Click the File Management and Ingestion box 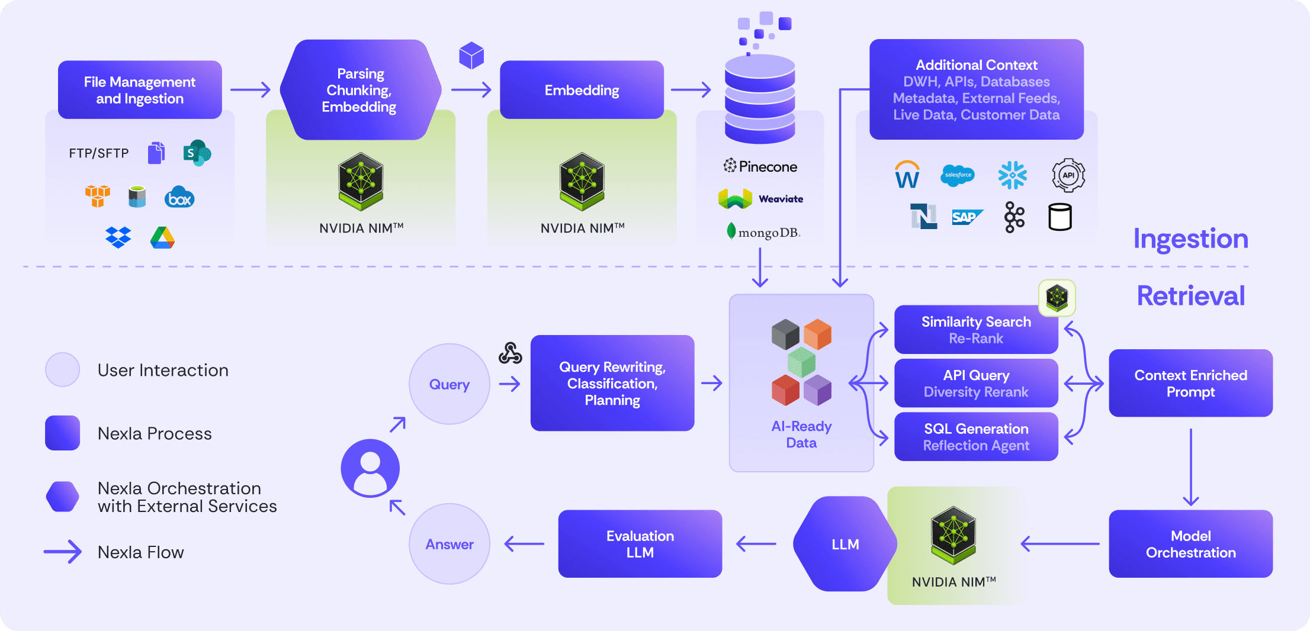[x=140, y=90]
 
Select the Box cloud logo [x=179, y=198]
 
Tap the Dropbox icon [x=118, y=237]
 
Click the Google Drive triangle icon [x=162, y=238]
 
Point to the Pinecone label [x=760, y=166]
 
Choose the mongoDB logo [x=763, y=232]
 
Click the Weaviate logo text [x=781, y=199]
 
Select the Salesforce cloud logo [x=958, y=175]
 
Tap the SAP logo [x=967, y=217]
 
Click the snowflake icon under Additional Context [x=1013, y=175]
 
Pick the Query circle [x=449, y=384]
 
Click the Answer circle [x=449, y=544]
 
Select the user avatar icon [x=370, y=468]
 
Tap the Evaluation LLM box [x=640, y=544]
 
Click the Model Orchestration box [x=1190, y=544]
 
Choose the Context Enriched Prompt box [x=1190, y=384]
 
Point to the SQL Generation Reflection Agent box [x=976, y=437]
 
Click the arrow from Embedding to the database [x=691, y=90]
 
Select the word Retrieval [x=1190, y=296]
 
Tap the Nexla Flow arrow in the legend [x=63, y=552]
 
